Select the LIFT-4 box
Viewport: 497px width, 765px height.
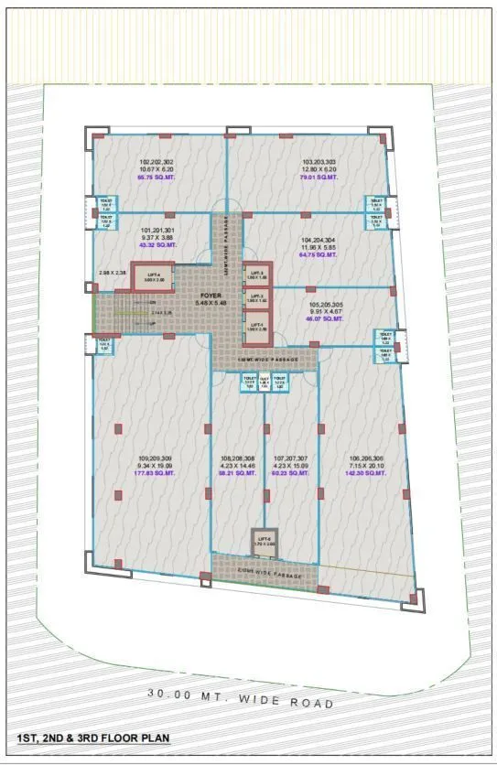[x=153, y=276]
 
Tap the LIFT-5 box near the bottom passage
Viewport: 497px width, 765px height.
[x=265, y=541]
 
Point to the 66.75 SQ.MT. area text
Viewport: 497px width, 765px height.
[x=156, y=178]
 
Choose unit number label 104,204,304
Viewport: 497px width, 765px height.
[x=319, y=242]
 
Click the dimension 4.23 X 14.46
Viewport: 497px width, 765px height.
[x=237, y=466]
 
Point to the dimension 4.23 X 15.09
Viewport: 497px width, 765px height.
[x=292, y=466]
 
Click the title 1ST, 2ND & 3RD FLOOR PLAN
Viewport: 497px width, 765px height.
[x=92, y=737]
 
